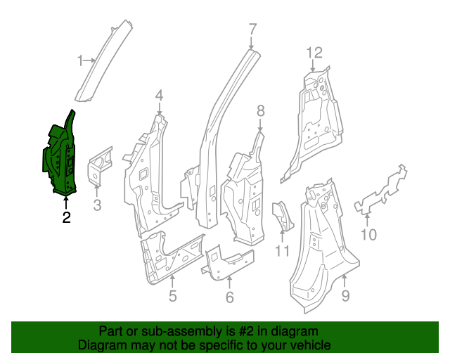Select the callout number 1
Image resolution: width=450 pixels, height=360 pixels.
[x=80, y=60]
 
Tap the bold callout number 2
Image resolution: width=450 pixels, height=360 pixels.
[x=66, y=217]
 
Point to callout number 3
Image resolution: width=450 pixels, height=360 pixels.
[x=98, y=205]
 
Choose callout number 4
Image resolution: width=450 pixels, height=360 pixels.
[x=160, y=96]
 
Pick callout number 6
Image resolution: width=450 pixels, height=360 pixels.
[x=229, y=297]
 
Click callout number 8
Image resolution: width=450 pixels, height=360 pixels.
[x=260, y=110]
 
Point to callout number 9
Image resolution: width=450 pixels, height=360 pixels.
[x=345, y=296]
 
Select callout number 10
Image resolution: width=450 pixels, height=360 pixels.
[x=369, y=234]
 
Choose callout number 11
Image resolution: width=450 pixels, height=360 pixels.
[x=282, y=251]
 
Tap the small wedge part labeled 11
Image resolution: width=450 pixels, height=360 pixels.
[x=281, y=214]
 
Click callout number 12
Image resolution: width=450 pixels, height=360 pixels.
[x=314, y=52]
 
